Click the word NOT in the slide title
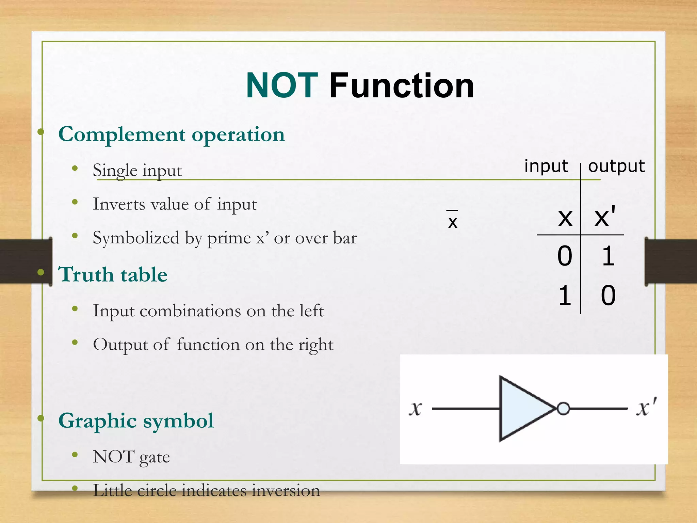282,86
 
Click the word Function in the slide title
402,86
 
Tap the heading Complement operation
171,134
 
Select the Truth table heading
113,274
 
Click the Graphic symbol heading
136,421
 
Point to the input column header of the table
546,166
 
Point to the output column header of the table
616,166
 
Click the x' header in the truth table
604,217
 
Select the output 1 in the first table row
608,256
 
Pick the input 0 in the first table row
565,256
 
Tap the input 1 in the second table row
565,295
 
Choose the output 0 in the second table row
608,295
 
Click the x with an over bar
452,221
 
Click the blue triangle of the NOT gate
521,408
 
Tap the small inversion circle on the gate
563,408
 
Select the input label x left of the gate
415,408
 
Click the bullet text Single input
137,170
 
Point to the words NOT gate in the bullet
131,457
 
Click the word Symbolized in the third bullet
136,238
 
